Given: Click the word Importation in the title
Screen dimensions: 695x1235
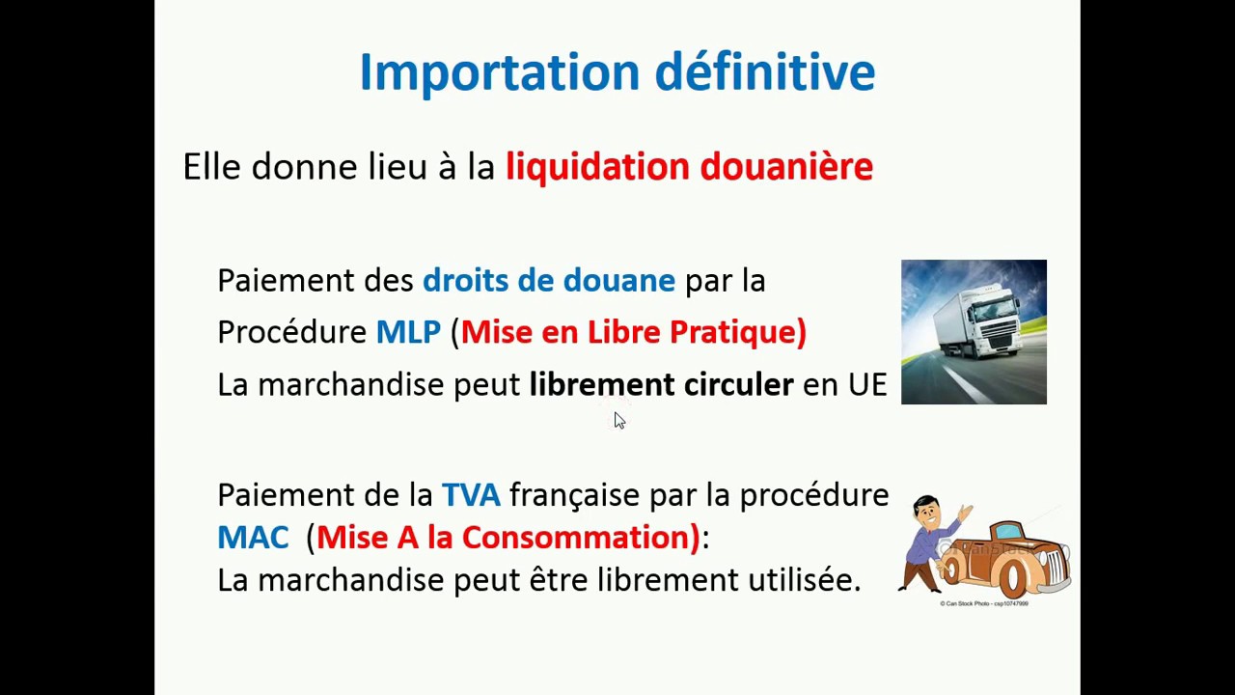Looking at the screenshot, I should click(x=499, y=72).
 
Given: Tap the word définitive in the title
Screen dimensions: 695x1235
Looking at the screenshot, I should click(x=764, y=72).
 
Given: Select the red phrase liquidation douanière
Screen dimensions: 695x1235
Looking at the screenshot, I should click(x=689, y=167).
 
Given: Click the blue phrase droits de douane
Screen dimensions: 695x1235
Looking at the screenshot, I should click(x=548, y=281).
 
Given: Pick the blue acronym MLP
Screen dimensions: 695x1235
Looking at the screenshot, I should click(x=407, y=333).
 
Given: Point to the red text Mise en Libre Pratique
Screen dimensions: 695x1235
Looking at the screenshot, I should click(x=633, y=333).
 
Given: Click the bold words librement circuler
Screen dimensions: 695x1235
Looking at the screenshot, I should click(x=661, y=385).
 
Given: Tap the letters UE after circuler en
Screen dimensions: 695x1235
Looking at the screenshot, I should click(x=866, y=385).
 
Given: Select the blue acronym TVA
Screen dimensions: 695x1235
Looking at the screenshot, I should click(x=470, y=495).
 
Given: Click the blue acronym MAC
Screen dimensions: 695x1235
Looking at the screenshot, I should click(x=253, y=538).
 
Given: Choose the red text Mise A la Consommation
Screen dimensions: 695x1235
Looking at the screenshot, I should click(x=508, y=538).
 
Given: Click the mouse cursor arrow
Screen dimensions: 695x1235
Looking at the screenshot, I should click(x=618, y=420).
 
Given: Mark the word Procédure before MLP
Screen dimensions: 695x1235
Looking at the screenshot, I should click(x=291, y=333).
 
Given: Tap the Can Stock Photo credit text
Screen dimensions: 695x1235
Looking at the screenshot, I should click(x=983, y=603).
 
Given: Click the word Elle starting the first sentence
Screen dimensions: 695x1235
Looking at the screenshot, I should click(x=211, y=167).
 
